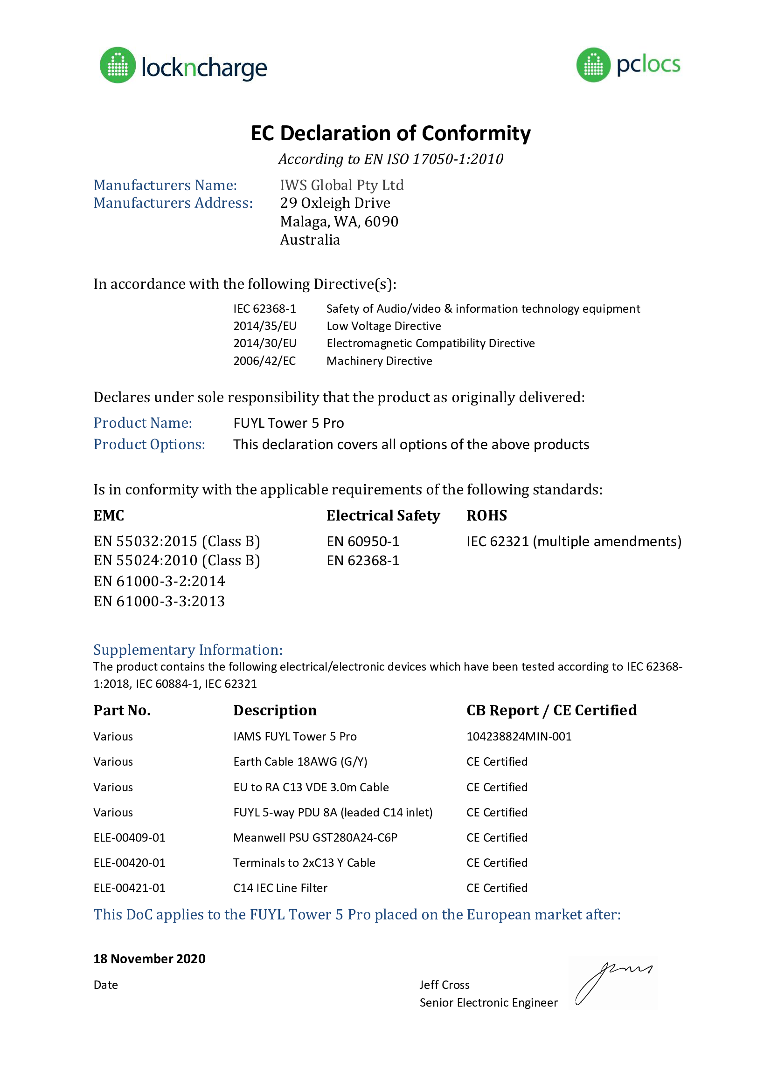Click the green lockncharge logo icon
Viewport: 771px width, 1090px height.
(x=118, y=65)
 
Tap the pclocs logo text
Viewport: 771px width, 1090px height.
(x=648, y=65)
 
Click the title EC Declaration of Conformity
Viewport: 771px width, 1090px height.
(x=390, y=133)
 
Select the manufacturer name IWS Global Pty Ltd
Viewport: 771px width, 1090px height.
(x=341, y=185)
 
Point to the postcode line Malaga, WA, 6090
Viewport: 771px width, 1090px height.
(x=339, y=222)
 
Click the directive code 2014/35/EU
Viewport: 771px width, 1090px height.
(x=264, y=326)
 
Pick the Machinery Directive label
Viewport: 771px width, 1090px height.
(x=379, y=361)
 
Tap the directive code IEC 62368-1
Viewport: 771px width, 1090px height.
(x=264, y=309)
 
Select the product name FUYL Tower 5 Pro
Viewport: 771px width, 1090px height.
(x=288, y=423)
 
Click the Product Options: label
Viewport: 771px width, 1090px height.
(x=149, y=445)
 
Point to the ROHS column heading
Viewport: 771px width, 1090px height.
(x=486, y=515)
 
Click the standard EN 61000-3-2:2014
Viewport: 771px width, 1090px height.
(x=159, y=581)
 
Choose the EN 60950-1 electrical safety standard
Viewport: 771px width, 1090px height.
(x=363, y=542)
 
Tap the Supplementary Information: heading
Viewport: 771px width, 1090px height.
(x=188, y=650)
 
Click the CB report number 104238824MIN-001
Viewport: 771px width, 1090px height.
(x=519, y=737)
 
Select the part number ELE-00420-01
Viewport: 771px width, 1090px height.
(x=129, y=863)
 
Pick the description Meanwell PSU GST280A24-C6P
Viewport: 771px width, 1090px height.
(x=315, y=837)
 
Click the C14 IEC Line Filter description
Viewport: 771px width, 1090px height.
(x=280, y=888)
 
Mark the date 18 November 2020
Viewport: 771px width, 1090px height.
(x=149, y=959)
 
